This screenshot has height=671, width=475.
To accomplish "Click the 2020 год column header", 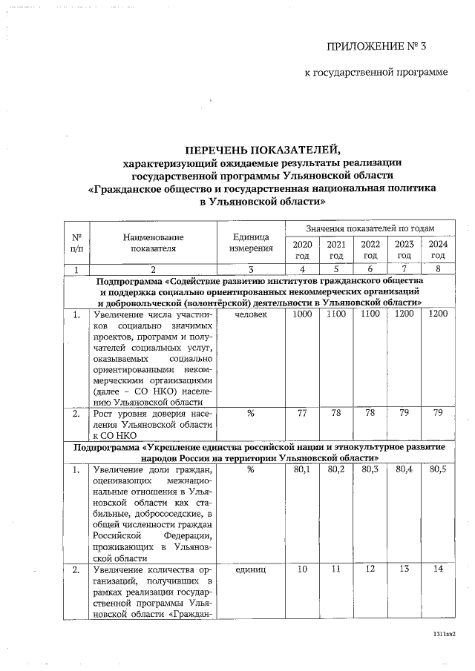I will [302, 249].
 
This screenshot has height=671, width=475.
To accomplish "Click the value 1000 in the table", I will [302, 314].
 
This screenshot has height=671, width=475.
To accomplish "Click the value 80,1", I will [302, 469].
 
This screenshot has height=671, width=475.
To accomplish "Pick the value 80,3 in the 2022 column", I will [370, 469].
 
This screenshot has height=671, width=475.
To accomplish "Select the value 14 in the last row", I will [438, 570].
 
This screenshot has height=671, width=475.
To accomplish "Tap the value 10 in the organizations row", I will [302, 570].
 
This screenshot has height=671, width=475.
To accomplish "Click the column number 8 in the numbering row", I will [438, 268].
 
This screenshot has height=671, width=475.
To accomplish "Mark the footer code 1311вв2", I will [443, 635].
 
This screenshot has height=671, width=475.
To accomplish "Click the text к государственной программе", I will [377, 73].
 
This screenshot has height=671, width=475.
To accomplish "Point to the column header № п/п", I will [76, 242].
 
